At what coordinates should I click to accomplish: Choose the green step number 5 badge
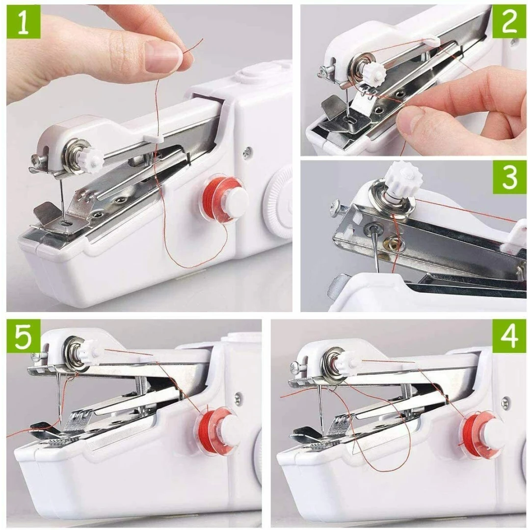click(x=24, y=336)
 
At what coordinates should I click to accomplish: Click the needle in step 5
click(x=59, y=399)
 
